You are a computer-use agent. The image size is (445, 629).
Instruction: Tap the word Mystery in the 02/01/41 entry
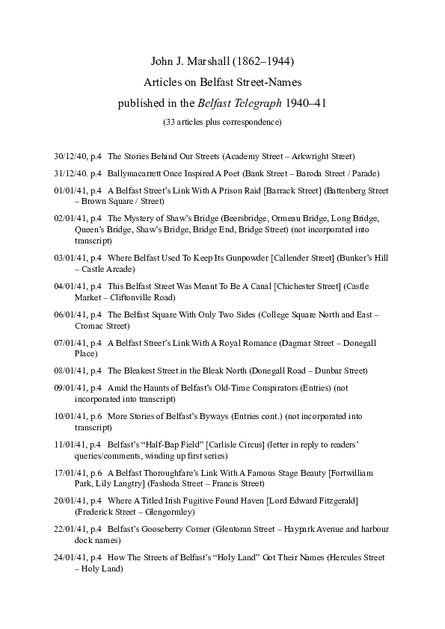pyautogui.click(x=140, y=218)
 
